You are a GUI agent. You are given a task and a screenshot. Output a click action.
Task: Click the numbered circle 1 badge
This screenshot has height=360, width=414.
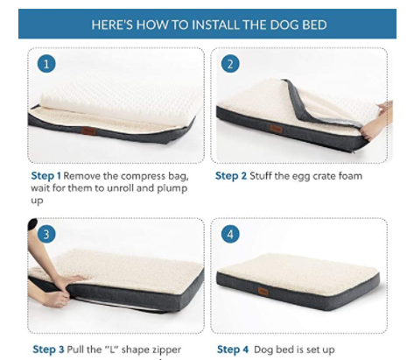46,64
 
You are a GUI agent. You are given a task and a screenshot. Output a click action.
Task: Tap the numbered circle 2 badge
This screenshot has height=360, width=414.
230,64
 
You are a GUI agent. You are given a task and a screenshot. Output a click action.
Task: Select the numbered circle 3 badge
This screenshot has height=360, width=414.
46,234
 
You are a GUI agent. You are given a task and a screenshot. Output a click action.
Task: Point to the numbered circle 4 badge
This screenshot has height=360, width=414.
230,234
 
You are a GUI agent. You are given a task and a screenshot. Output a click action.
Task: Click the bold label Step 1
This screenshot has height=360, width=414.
46,176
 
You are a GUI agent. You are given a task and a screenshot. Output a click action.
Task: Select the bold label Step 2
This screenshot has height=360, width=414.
231,176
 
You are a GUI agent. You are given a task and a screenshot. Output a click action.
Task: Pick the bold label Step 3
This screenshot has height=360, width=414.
48,349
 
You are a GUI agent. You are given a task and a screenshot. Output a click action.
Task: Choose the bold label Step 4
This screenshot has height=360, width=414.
233,349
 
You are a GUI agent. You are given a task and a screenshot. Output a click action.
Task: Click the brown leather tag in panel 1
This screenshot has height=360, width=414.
89,131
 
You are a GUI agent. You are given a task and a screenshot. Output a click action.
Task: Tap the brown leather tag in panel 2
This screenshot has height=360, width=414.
276,129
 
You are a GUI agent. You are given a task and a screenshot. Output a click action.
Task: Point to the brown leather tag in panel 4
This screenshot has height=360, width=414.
263,292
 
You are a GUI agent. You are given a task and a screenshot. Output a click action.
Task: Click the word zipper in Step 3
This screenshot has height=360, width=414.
166,350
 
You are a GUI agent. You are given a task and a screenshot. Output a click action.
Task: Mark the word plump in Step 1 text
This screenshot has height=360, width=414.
172,189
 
